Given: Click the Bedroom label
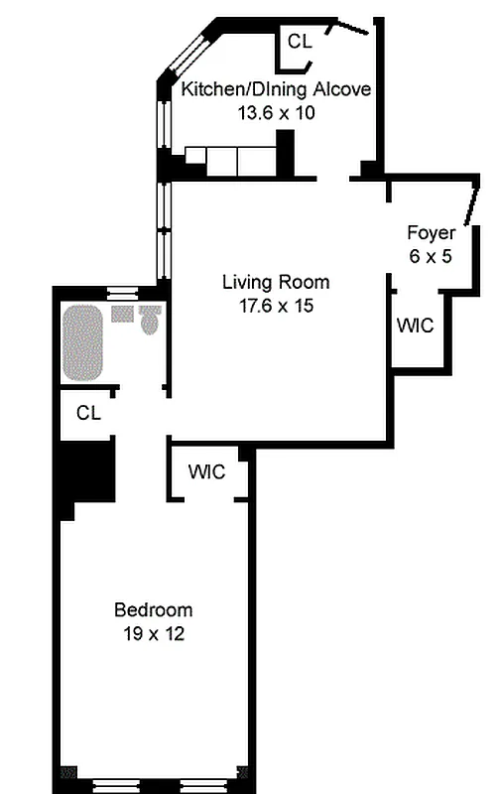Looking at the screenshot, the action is pyautogui.click(x=154, y=609).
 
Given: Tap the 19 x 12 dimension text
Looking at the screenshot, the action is pyautogui.click(x=154, y=633).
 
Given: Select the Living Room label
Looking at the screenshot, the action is pyautogui.click(x=276, y=282).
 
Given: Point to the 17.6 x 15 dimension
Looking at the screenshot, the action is pyautogui.click(x=277, y=306).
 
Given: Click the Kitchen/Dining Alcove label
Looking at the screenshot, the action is pyautogui.click(x=276, y=89).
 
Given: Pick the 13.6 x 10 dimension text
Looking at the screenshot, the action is pyautogui.click(x=277, y=113).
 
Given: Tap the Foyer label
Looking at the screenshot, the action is pyautogui.click(x=432, y=233).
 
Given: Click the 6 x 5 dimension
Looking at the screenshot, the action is pyautogui.click(x=431, y=256).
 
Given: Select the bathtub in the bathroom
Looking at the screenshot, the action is pyautogui.click(x=82, y=342).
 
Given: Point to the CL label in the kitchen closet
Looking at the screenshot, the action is pyautogui.click(x=300, y=41).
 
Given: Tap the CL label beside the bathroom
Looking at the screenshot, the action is pyautogui.click(x=88, y=413).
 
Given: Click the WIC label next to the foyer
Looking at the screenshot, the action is pyautogui.click(x=416, y=326).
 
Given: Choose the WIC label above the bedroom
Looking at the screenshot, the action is pyautogui.click(x=206, y=471).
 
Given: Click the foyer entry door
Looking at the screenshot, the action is pyautogui.click(x=471, y=205).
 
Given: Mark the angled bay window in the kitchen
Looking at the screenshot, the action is pyautogui.click(x=187, y=55).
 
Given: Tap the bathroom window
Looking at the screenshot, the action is pyautogui.click(x=122, y=291).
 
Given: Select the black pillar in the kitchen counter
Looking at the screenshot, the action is pyautogui.click(x=286, y=153).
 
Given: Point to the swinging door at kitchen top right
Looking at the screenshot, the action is pyautogui.click(x=348, y=27).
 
